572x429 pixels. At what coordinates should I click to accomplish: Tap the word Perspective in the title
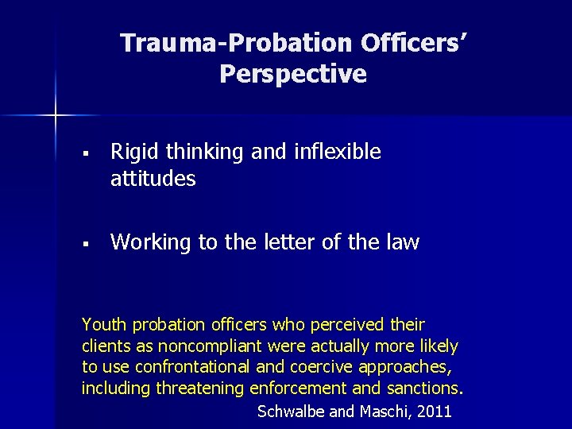tap(293, 74)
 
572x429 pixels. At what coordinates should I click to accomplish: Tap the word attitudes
tap(153, 179)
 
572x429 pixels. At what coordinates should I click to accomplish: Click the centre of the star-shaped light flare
tap(56, 116)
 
